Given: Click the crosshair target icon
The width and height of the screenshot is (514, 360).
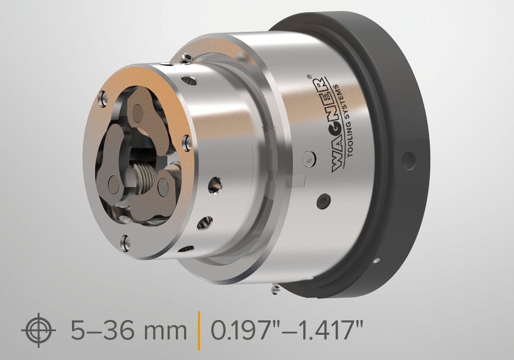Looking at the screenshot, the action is click(x=39, y=330).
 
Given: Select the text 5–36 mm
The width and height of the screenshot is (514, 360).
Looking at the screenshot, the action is click(x=129, y=330).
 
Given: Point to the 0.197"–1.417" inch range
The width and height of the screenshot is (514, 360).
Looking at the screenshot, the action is click(x=287, y=330).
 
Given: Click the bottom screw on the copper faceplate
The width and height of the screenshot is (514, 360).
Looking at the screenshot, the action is click(x=125, y=243).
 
